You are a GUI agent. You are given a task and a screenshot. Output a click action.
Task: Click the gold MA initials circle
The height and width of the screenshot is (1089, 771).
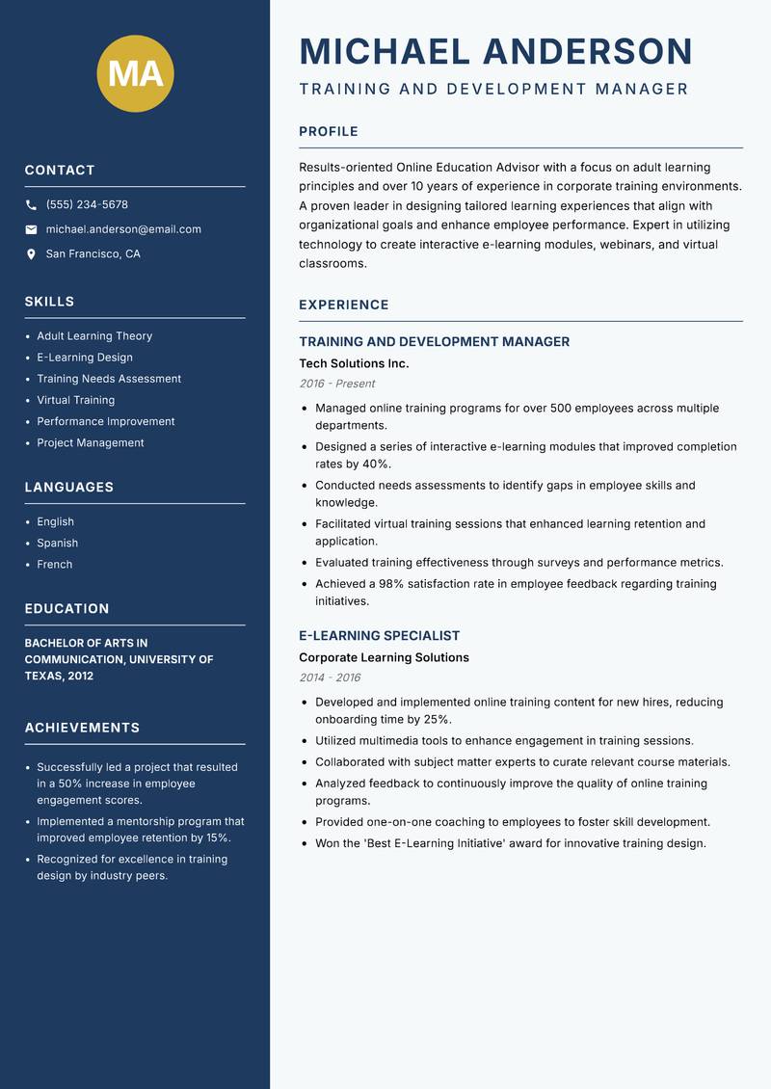tap(136, 73)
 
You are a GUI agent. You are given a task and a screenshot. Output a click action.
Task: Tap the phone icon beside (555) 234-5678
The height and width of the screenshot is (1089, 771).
tap(31, 205)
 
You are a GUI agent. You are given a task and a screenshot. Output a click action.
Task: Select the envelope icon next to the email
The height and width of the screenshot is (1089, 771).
tap(31, 229)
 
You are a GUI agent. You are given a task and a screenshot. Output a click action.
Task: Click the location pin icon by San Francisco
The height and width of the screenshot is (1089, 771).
tap(31, 254)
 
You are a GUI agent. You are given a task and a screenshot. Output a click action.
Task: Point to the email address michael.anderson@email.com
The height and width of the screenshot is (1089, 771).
tap(123, 229)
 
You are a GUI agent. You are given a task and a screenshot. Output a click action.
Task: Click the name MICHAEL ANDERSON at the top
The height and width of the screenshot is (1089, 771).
tap(496, 51)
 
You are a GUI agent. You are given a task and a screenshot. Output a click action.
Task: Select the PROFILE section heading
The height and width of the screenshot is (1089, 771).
tap(328, 132)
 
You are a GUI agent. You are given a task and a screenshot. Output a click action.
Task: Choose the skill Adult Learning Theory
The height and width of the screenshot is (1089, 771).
tap(94, 336)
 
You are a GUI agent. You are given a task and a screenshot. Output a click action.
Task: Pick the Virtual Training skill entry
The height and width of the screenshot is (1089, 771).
tap(75, 400)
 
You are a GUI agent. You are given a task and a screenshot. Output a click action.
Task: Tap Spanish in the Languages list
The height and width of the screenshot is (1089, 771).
tap(57, 544)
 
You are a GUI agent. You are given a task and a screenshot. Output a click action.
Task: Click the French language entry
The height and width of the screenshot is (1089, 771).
tap(54, 565)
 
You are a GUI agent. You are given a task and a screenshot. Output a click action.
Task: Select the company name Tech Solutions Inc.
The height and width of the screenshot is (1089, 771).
tap(354, 363)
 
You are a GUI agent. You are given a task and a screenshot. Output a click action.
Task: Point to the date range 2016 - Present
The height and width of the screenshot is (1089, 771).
tap(336, 384)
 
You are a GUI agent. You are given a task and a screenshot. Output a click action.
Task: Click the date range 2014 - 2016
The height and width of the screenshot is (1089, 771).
tap(330, 677)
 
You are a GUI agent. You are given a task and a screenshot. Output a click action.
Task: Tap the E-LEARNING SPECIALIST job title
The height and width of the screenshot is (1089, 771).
tap(379, 636)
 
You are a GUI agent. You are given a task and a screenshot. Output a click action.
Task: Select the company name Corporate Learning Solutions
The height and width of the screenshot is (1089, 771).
tap(384, 657)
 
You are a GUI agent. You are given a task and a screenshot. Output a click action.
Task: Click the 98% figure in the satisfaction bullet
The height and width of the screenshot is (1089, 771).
tap(390, 584)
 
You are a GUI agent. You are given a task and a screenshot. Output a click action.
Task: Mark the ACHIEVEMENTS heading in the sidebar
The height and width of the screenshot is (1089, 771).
tap(82, 728)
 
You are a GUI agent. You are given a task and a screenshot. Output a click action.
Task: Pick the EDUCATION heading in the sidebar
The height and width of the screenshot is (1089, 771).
tap(66, 609)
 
